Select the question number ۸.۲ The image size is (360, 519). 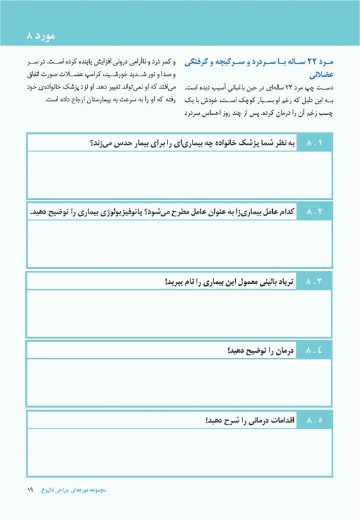(315, 212)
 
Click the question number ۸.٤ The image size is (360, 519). (315, 351)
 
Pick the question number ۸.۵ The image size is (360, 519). (315, 420)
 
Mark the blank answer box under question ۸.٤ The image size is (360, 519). (180, 380)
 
